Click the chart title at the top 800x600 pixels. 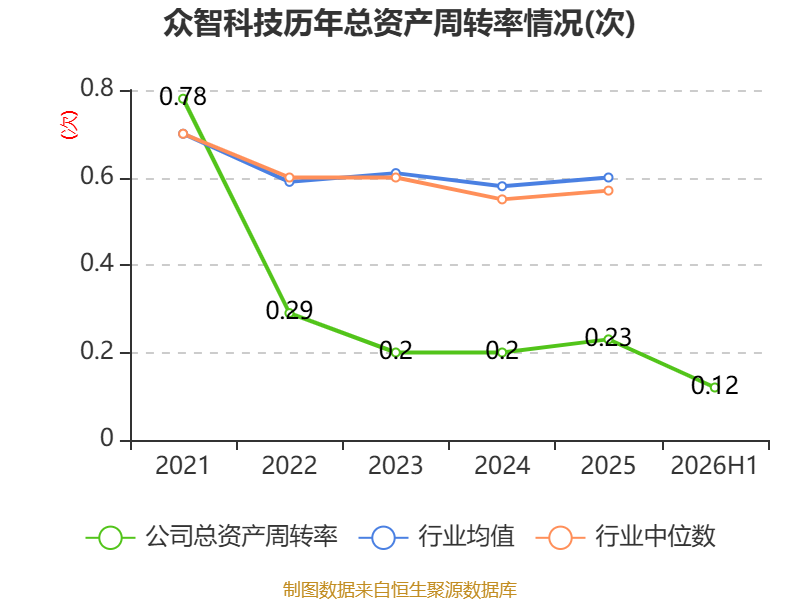(399, 23)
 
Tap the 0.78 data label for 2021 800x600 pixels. (183, 96)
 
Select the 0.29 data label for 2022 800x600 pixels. (289, 310)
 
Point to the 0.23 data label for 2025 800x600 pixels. (608, 337)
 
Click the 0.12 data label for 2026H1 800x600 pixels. (715, 385)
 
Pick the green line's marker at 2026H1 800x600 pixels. (715, 387)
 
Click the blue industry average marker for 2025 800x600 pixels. (608, 178)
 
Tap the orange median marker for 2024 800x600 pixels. (502, 199)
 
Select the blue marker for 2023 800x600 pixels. (395, 173)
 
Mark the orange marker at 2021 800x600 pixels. (183, 134)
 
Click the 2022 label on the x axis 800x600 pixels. (289, 465)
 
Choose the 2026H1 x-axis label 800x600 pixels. (714, 465)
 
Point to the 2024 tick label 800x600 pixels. (502, 465)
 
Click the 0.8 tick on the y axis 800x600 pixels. (97, 88)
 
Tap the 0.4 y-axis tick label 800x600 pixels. (97, 263)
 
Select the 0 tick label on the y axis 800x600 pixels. (107, 438)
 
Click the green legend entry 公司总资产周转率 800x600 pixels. (212, 537)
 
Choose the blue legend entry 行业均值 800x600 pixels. (437, 537)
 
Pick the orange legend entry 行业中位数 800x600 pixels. (626, 537)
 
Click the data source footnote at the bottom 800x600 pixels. (400, 590)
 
